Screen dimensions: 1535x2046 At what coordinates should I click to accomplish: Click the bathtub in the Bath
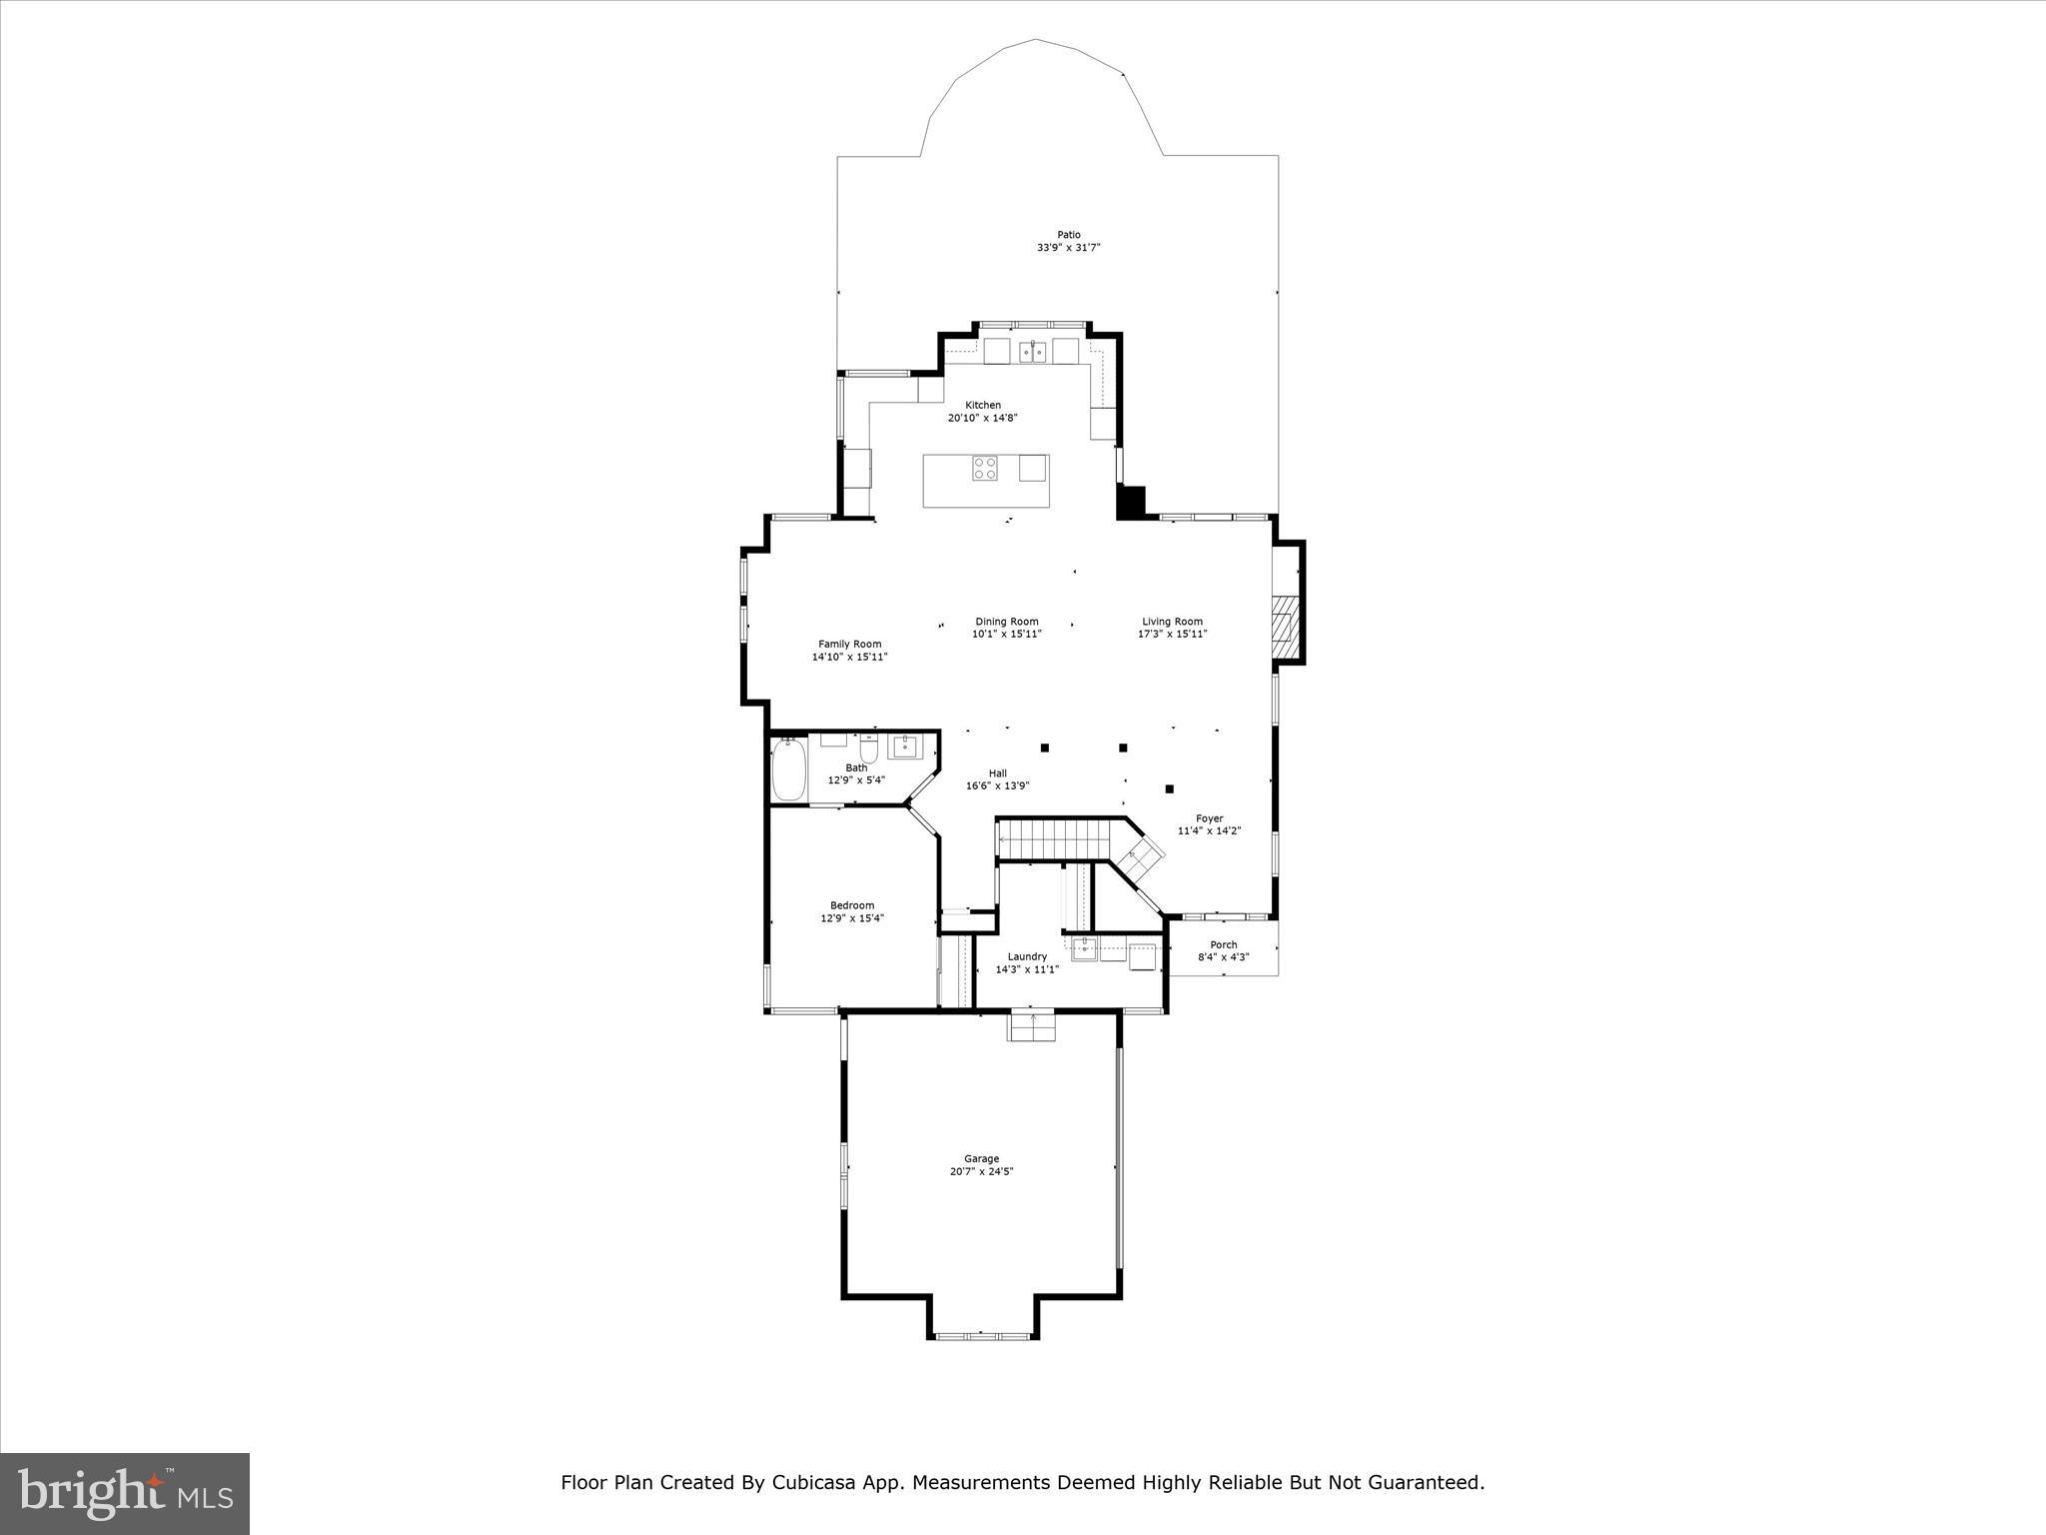click(x=788, y=768)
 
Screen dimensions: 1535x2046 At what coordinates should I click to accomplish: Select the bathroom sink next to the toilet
click(x=905, y=746)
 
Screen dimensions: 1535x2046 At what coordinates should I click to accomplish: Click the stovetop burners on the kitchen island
click(x=985, y=468)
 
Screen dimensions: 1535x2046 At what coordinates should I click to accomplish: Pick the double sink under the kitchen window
click(x=1032, y=352)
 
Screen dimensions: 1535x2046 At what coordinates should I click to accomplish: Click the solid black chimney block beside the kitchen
click(x=1131, y=502)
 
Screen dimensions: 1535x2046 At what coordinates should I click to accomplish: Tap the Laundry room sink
click(x=1084, y=948)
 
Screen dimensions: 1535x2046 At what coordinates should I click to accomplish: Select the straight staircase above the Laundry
click(x=1055, y=838)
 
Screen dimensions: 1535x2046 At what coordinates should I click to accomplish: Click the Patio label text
click(x=1069, y=235)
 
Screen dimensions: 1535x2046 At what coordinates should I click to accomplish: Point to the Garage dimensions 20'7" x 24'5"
click(x=981, y=1171)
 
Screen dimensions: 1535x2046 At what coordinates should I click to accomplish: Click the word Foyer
click(x=1209, y=818)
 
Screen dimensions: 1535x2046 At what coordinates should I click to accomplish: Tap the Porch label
click(x=1223, y=944)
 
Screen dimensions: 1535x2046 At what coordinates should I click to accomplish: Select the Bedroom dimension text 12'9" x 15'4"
click(x=852, y=917)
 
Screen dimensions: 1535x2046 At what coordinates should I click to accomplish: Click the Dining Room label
click(x=1007, y=622)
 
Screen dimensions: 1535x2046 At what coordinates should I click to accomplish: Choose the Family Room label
click(x=849, y=645)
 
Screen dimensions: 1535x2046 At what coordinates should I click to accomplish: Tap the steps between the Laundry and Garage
click(x=1032, y=1026)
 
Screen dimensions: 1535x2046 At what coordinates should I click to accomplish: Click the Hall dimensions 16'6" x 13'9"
click(x=997, y=785)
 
